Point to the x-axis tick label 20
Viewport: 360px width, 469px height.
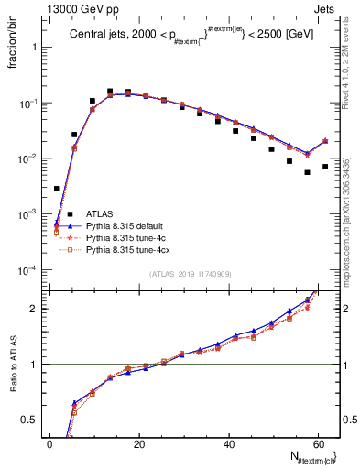point(139,443)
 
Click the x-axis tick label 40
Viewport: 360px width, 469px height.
point(228,443)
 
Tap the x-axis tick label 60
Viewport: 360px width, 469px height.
point(318,443)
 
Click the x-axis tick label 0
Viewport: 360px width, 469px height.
point(49,443)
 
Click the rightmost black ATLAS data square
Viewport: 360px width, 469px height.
point(325,167)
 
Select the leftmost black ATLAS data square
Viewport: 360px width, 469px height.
point(57,189)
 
